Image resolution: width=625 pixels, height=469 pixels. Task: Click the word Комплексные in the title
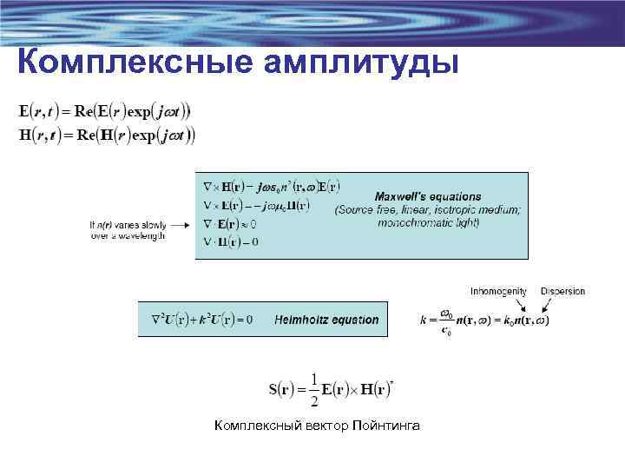tap(122, 63)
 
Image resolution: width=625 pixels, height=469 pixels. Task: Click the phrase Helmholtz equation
tap(326, 320)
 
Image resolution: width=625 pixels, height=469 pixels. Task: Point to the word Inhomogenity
tap(499, 292)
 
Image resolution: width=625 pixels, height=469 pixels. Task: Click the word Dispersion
tap(562, 292)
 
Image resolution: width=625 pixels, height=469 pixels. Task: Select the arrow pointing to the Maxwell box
tap(179, 223)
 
